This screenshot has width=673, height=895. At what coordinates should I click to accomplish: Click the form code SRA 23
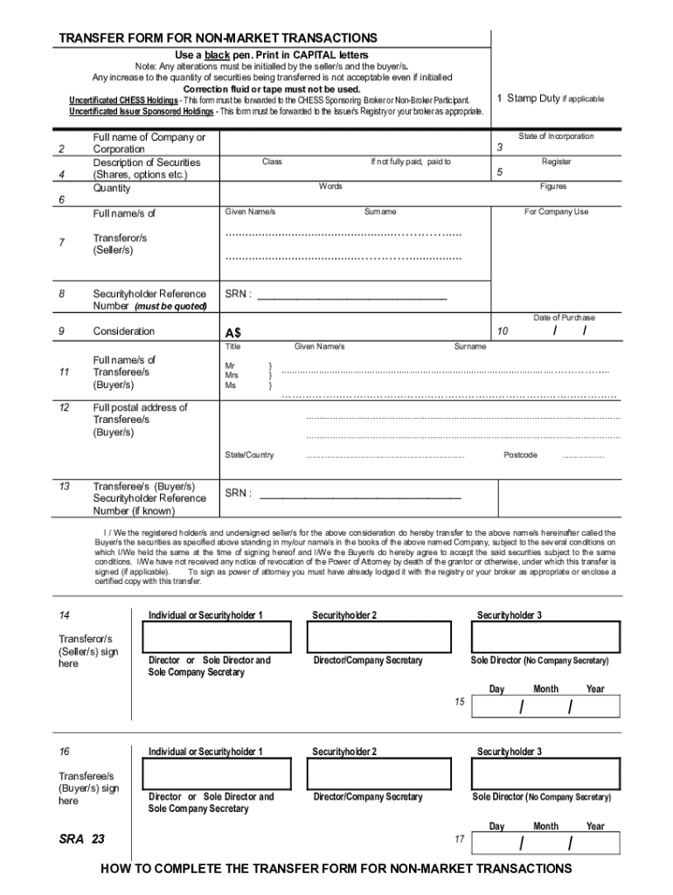[81, 839]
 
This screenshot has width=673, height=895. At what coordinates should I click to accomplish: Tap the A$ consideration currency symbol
[233, 333]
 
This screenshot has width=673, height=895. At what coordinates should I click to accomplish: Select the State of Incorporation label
[556, 136]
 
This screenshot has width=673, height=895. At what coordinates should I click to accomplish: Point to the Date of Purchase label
[564, 317]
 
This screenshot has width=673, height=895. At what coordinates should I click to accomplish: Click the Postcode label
[520, 454]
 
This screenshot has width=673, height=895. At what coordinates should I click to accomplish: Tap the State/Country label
[249, 454]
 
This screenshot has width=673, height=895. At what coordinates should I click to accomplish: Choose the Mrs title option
[231, 376]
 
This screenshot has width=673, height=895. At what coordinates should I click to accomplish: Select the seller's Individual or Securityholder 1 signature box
[218, 637]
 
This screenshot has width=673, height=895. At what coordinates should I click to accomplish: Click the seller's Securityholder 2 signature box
[382, 637]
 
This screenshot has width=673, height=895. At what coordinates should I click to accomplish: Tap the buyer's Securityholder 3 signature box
[545, 774]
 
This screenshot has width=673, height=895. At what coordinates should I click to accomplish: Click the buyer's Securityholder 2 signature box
[382, 774]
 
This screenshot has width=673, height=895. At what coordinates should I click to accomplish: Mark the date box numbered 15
[545, 707]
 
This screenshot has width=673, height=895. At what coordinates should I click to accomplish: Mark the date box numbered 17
[545, 843]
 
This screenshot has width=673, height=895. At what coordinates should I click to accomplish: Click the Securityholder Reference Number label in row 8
[149, 300]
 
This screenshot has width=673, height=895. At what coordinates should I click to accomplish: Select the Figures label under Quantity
[553, 186]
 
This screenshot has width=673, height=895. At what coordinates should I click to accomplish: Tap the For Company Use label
[556, 212]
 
